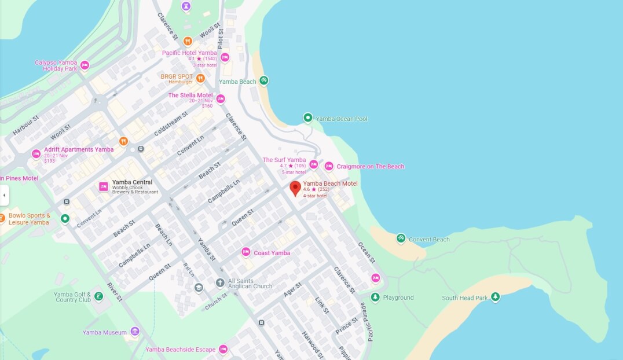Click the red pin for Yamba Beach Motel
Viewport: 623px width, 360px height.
point(295,188)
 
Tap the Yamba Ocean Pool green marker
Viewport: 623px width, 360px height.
point(308,118)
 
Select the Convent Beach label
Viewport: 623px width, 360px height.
point(428,240)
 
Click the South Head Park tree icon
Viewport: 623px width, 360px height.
point(495,297)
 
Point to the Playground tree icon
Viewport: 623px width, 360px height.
point(375,297)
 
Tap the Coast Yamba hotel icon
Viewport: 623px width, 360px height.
point(245,252)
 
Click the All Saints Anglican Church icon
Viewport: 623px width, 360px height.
point(220,283)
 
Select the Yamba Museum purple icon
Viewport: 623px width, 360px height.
point(135,332)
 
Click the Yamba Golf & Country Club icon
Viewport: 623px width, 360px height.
point(99,296)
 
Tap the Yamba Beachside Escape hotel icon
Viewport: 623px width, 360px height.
point(223,349)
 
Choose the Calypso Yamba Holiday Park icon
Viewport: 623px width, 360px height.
point(85,65)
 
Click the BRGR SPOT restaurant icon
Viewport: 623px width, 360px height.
point(200,78)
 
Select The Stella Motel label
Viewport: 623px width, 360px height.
point(190,95)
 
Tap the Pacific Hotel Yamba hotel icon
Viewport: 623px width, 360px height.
point(225,57)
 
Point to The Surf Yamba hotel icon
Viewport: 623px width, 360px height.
point(314,164)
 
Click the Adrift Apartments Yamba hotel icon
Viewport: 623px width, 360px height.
point(36,154)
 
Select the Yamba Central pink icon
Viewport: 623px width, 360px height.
point(104,186)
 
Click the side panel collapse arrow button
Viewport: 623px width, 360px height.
point(4,195)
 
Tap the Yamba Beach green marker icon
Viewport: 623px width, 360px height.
point(264,80)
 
